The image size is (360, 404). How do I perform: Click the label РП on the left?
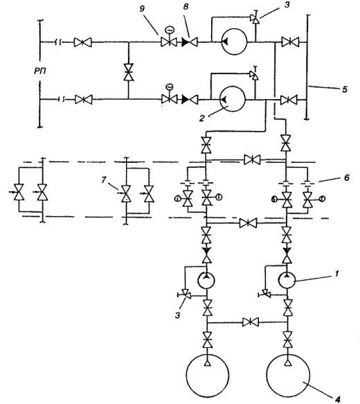pos(40,71)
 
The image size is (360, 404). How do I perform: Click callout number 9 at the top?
pos(143,9)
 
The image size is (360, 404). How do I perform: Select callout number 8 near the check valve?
pos(186,7)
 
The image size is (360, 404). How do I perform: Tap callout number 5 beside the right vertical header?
pos(345,89)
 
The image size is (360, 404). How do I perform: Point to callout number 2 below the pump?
pos(202,118)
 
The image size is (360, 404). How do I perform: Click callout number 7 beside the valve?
pos(103,179)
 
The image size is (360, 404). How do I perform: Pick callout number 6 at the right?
pos(347,177)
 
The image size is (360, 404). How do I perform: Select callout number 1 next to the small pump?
pos(336,273)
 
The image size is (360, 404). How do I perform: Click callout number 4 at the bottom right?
pos(338,399)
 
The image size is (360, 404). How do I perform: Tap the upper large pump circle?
pos(234,42)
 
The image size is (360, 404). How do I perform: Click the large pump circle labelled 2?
pos(233,99)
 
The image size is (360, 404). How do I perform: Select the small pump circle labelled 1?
pos(287,280)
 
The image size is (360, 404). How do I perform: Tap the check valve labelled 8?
pos(190,42)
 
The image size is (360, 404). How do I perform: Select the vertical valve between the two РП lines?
pos(128,72)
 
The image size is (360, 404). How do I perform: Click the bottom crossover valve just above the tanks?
pos(251,322)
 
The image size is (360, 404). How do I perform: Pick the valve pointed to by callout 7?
pos(126,193)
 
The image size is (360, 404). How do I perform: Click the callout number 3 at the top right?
pos(287,6)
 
